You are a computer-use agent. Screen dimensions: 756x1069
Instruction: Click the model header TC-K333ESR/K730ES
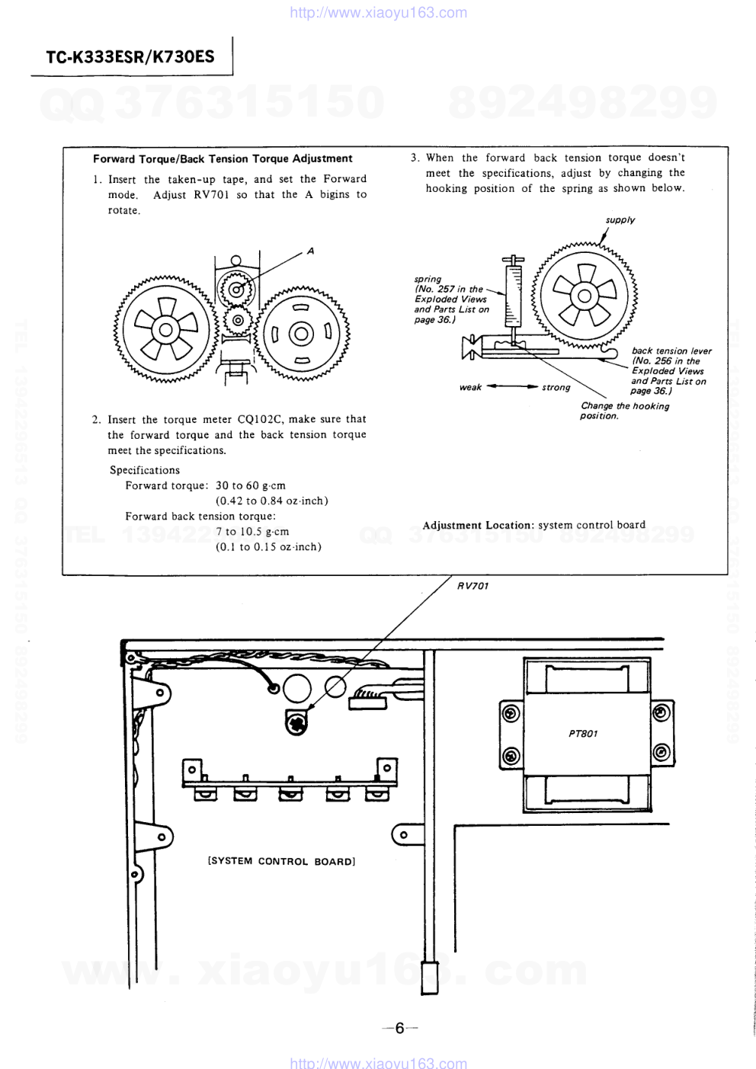coord(130,57)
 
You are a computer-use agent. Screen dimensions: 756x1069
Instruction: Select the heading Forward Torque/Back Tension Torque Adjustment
coord(223,158)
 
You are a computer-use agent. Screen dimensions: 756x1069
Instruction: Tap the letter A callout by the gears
coord(310,251)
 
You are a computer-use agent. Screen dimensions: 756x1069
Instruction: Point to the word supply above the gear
coord(620,220)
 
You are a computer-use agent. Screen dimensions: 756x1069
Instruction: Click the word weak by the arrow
coord(470,387)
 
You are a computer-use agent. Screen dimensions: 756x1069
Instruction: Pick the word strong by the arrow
coord(556,387)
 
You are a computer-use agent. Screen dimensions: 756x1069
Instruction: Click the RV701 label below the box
coord(472,586)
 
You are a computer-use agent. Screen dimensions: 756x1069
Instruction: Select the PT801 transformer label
coord(583,733)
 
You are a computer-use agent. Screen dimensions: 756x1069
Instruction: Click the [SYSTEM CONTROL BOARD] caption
coord(281,862)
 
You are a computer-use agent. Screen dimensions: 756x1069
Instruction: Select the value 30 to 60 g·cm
coord(251,485)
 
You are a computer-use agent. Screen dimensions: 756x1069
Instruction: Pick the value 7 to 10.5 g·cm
coord(252,531)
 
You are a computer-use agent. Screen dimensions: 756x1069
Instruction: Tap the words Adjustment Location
coord(477,525)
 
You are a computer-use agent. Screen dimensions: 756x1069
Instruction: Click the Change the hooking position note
coord(625,411)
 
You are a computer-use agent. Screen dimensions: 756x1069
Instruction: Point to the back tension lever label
coord(671,350)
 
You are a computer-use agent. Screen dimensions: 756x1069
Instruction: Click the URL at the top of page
coord(379,12)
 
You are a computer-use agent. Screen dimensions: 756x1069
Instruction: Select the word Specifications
coord(145,470)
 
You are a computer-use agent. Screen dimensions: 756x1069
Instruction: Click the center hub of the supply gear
coord(585,296)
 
